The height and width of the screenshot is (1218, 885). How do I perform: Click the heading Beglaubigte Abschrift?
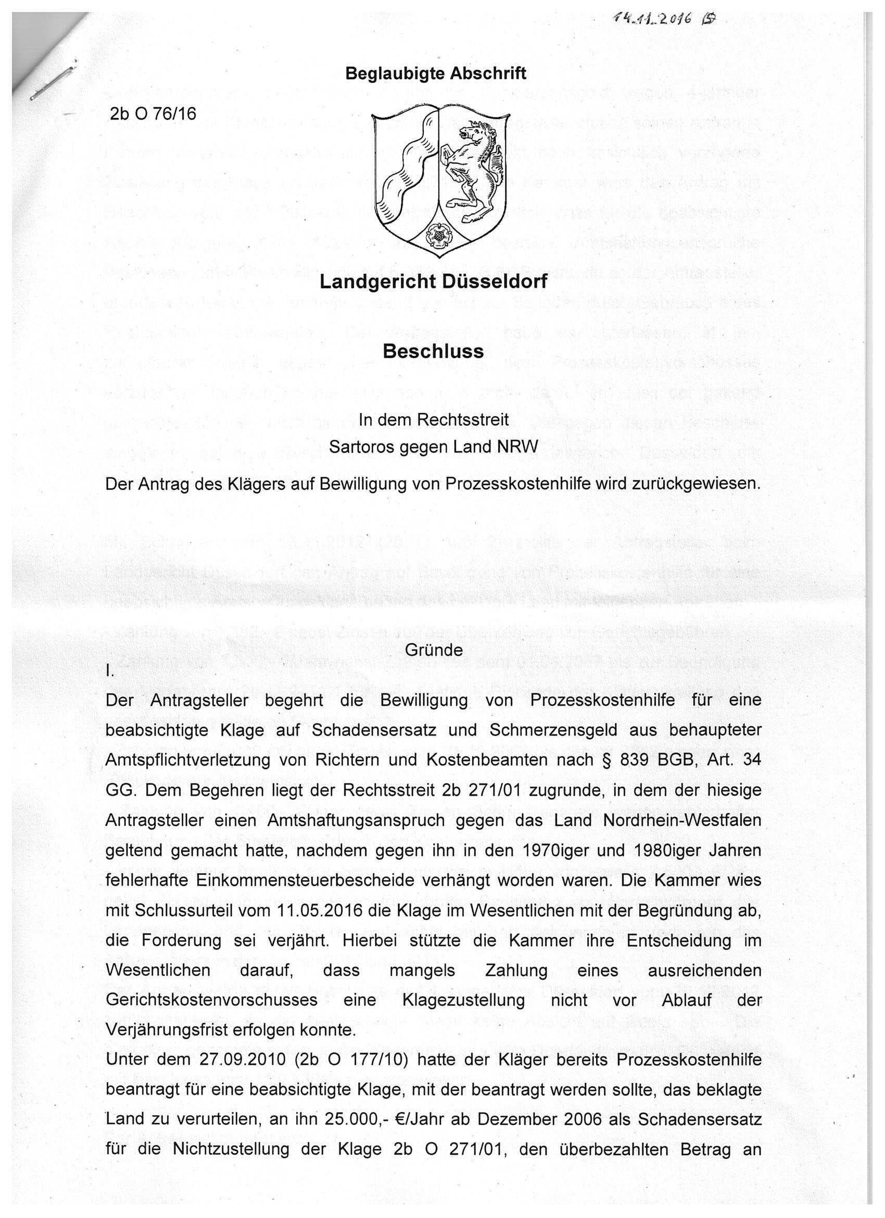pyautogui.click(x=436, y=73)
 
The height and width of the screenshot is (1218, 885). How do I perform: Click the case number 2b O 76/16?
pyautogui.click(x=153, y=114)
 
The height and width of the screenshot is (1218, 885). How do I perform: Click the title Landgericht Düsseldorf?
pyautogui.click(x=433, y=281)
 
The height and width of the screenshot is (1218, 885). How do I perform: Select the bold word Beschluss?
pyautogui.click(x=433, y=351)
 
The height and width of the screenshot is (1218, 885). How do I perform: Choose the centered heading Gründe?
pyautogui.click(x=434, y=650)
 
